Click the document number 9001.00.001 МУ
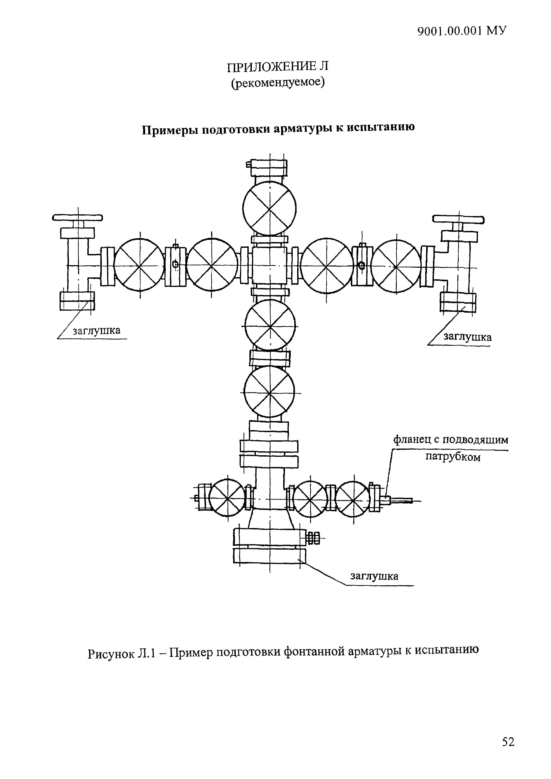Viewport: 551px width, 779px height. [x=462, y=31]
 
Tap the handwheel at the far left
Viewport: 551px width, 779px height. [x=78, y=217]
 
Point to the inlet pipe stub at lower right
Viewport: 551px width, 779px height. [x=401, y=500]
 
